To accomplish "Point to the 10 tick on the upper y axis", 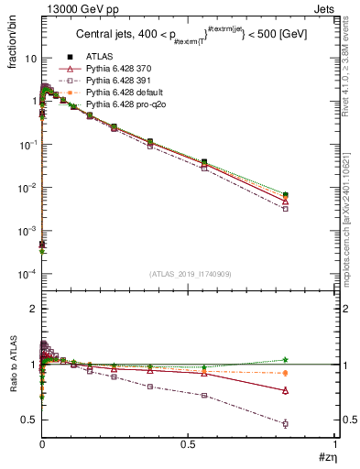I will point(29,58).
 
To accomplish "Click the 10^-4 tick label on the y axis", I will point(27,275).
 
